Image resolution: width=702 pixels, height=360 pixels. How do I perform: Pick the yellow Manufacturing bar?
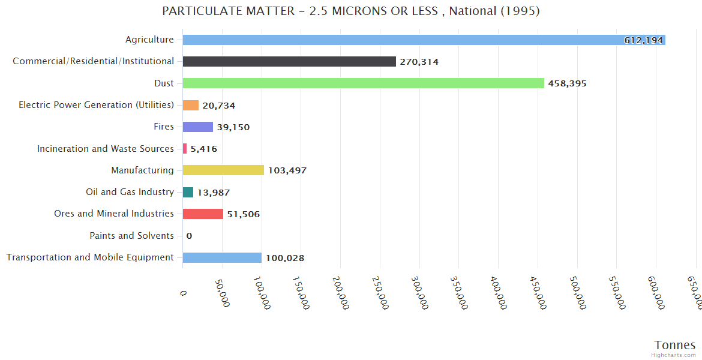coord(223,170)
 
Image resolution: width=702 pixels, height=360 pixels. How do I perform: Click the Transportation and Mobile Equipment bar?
coord(222,257)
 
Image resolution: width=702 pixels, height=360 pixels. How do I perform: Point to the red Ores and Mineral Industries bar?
coord(203,214)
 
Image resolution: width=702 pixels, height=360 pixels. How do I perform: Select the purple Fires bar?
coord(198,127)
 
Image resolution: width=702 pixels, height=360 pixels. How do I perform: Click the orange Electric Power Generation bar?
coord(191,105)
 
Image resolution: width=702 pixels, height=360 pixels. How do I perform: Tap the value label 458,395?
coord(567,84)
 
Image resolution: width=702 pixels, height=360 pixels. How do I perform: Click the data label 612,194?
coord(643,40)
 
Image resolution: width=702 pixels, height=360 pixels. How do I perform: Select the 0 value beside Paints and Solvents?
coord(189,236)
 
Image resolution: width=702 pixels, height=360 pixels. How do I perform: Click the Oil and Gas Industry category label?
coord(130,192)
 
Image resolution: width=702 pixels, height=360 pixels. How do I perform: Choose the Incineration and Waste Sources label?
coord(106,149)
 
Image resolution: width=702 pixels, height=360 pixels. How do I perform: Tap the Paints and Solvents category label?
coord(131,236)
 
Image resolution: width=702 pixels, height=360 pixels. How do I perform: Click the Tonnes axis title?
coord(675,345)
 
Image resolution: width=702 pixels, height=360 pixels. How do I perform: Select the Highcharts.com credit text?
coord(674,355)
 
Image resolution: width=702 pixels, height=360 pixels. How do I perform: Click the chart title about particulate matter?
coord(351,11)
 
